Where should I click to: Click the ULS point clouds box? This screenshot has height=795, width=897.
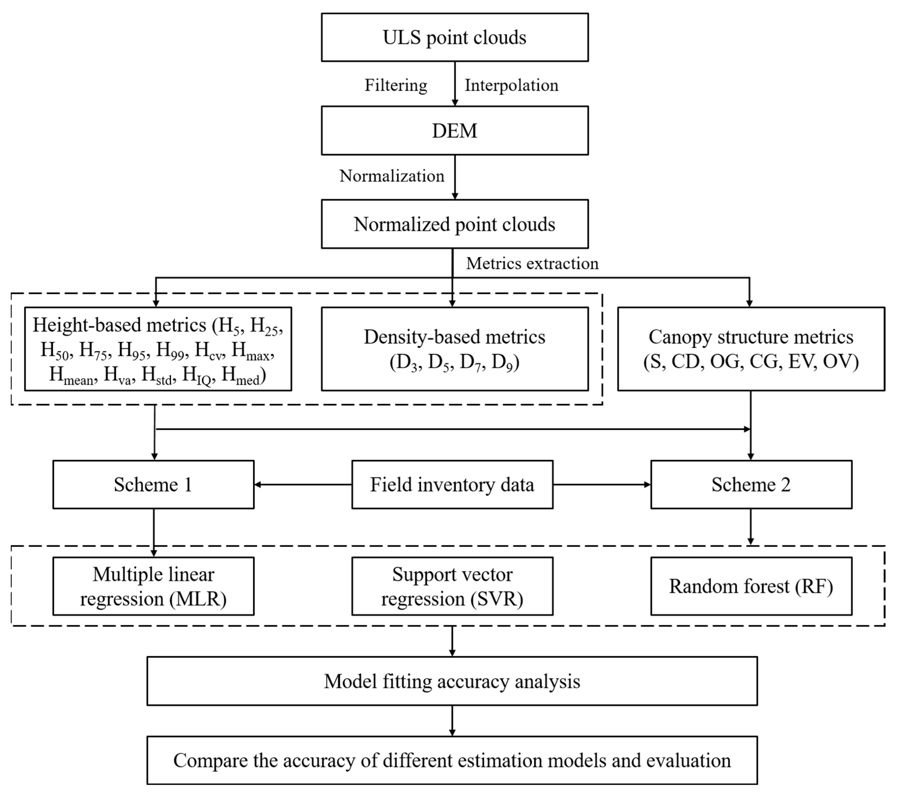[x=455, y=37]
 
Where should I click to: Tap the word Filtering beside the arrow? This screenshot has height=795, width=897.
[x=396, y=85]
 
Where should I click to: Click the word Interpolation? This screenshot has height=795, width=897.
[x=511, y=85]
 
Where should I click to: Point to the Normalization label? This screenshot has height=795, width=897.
[x=392, y=176]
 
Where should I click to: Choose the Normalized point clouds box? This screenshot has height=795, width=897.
[x=455, y=224]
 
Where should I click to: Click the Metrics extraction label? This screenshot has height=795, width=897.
[x=532, y=263]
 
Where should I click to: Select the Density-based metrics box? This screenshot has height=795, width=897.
[x=455, y=349]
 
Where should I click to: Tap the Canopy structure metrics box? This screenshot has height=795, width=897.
[x=751, y=349]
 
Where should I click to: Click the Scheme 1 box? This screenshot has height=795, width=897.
[x=153, y=484]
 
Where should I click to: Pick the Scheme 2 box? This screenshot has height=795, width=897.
[x=751, y=484]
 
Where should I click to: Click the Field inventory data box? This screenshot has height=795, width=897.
[x=452, y=484]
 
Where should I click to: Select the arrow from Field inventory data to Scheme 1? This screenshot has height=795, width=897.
[x=303, y=484]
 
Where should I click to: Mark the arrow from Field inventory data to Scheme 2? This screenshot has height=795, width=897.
[x=602, y=484]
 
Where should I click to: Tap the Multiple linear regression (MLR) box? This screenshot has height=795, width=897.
[x=153, y=586]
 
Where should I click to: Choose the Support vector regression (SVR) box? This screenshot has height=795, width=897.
[x=452, y=586]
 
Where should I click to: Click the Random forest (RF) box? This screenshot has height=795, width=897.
[x=751, y=586]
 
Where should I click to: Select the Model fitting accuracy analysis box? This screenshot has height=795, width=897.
[x=452, y=681]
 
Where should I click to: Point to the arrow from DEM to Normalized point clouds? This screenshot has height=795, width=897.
[x=455, y=177]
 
